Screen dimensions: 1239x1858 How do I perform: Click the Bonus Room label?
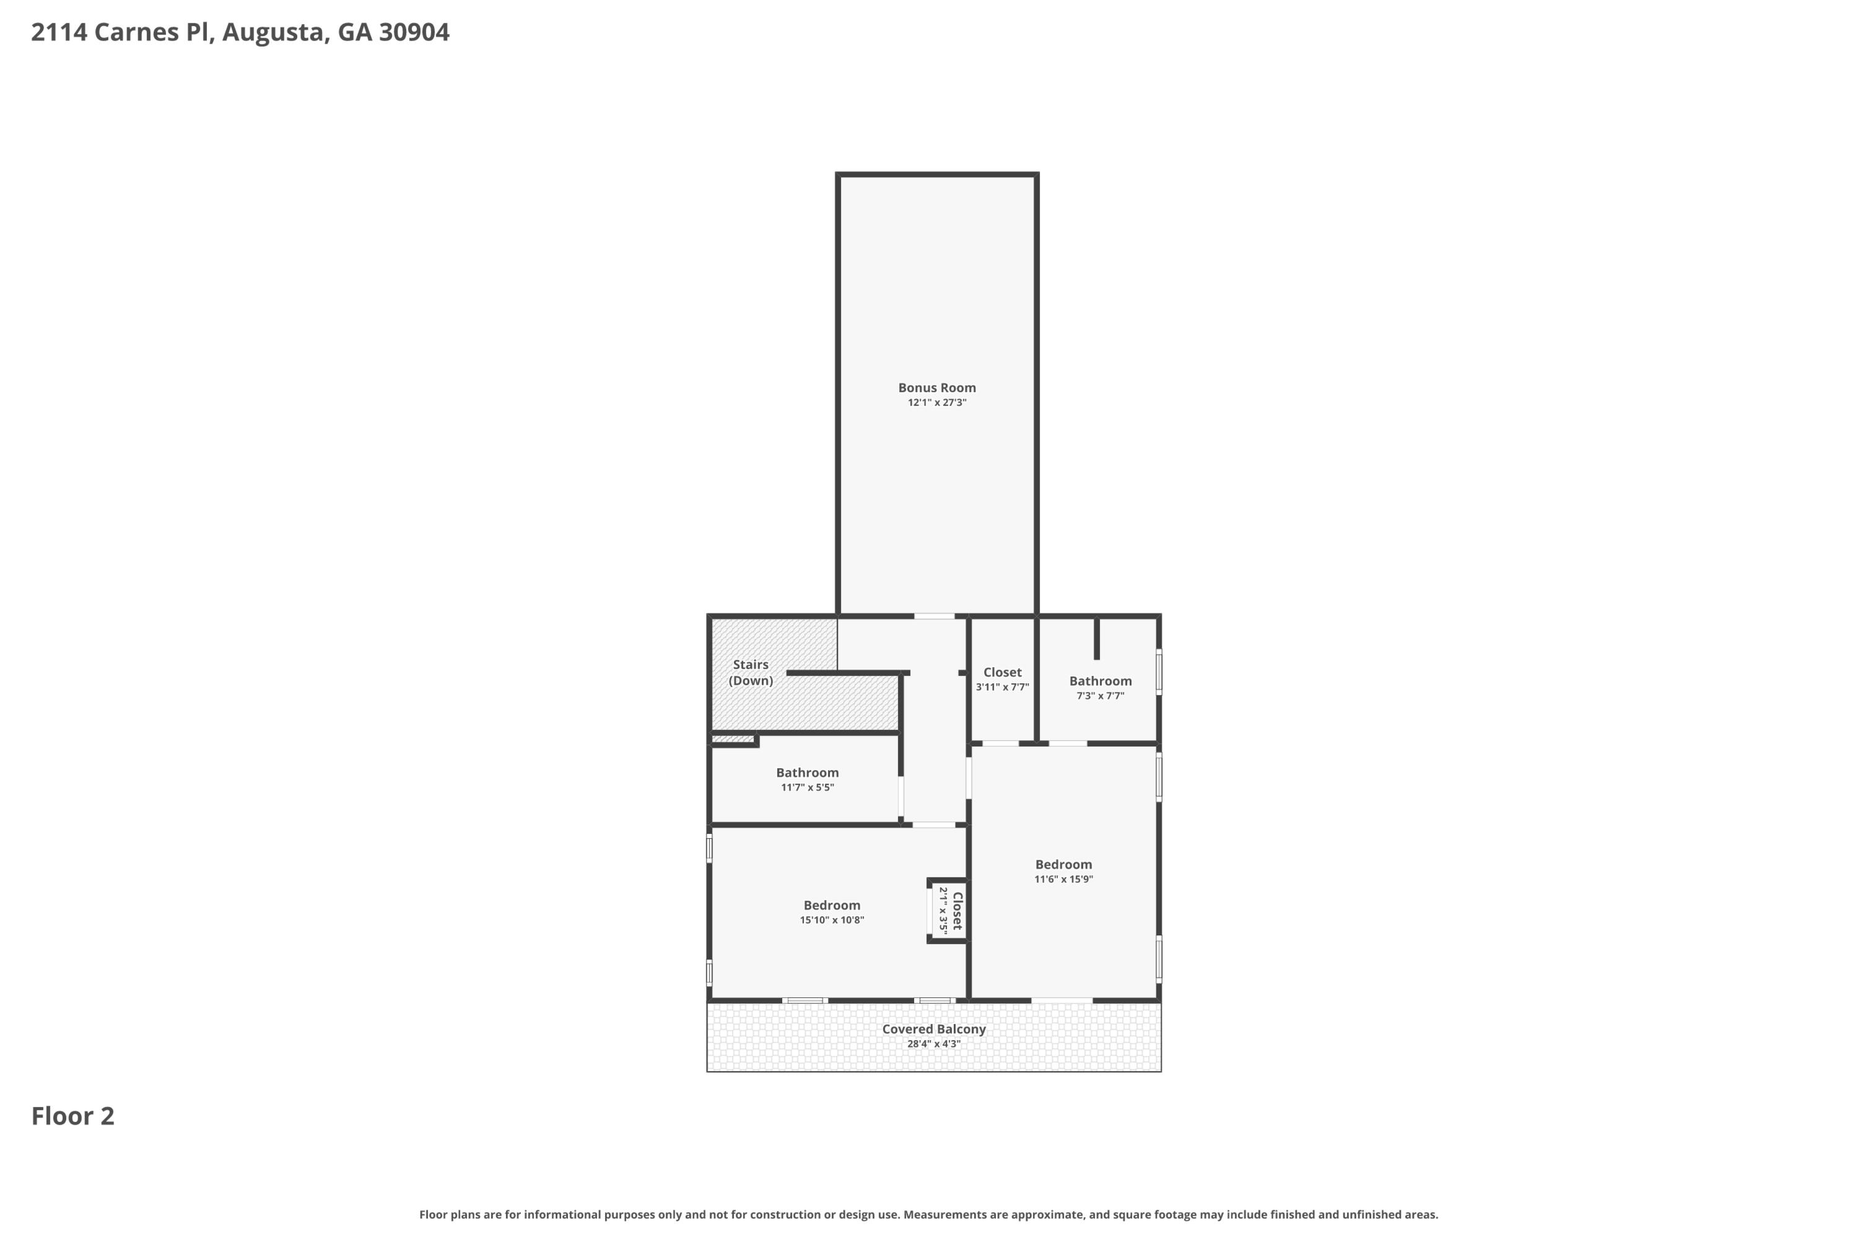pos(937,387)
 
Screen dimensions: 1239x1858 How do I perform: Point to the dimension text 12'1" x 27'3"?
pos(937,402)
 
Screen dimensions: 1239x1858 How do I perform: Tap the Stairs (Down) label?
pos(751,672)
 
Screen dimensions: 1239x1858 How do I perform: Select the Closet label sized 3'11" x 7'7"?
pos(1001,672)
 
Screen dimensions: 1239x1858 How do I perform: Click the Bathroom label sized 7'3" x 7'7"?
pos(1100,681)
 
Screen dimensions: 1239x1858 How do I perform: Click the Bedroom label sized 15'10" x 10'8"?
pos(831,906)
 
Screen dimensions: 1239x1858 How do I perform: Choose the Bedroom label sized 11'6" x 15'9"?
pos(1063,864)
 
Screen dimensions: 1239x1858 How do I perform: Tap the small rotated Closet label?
pos(957,911)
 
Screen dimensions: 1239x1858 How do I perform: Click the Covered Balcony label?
pos(934,1029)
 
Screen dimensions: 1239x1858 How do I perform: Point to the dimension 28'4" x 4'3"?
pos(934,1044)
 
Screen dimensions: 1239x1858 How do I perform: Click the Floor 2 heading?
pos(72,1116)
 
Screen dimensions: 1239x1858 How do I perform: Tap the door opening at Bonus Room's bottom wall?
pos(935,616)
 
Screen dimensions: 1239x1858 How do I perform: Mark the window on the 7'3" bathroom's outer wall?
pos(1159,672)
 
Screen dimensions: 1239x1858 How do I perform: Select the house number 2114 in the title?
pos(59,32)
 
